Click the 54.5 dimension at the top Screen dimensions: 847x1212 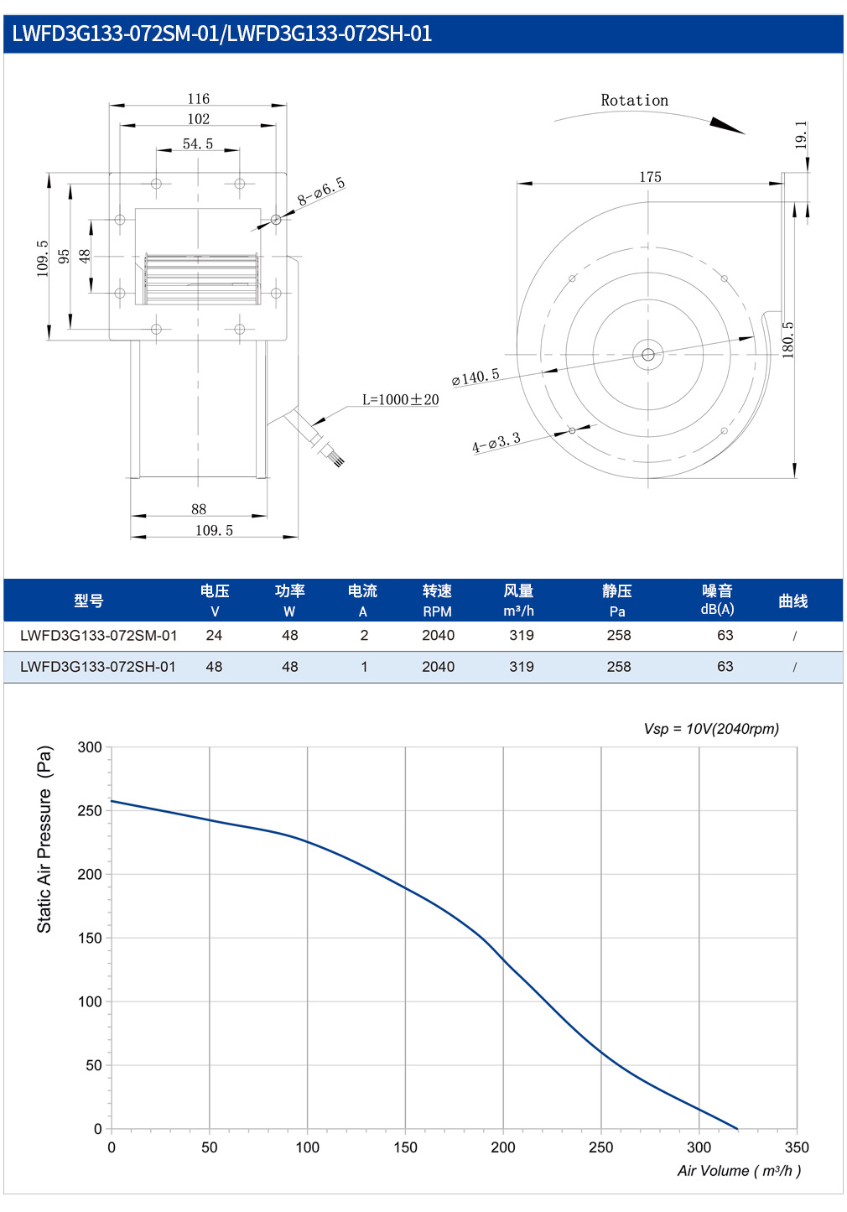pos(197,144)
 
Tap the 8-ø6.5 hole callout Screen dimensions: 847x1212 pos(321,191)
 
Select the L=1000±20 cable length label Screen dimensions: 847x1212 pos(400,400)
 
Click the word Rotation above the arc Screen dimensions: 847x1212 pos(635,100)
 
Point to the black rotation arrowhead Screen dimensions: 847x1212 pos(727,125)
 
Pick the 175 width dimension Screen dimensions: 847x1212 pos(650,177)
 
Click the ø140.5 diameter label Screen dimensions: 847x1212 pos(475,377)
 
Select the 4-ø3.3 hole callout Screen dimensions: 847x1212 pos(496,443)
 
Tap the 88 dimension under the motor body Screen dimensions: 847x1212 pos(199,509)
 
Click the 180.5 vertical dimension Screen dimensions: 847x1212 pos(788,340)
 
